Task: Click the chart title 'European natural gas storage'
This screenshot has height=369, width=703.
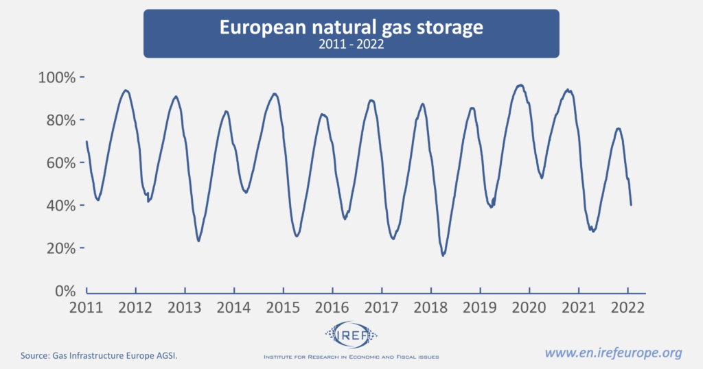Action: (x=351, y=27)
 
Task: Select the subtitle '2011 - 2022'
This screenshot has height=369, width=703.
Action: (x=351, y=46)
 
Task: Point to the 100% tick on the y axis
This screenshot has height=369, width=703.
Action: (x=60, y=77)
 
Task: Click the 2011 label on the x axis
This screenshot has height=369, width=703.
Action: (x=87, y=307)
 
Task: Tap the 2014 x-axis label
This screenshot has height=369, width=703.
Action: (x=234, y=307)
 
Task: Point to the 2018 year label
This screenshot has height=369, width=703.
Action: (x=431, y=307)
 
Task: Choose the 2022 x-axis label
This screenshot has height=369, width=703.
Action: (x=627, y=307)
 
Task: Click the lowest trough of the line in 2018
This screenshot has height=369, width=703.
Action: (x=443, y=255)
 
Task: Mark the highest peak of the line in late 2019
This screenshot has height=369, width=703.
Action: (x=521, y=85)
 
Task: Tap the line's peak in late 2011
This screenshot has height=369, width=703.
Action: (x=126, y=90)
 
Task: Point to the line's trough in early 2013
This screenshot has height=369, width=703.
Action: (x=199, y=241)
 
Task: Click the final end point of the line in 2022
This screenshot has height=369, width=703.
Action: (x=631, y=204)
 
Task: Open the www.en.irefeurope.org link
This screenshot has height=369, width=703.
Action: (x=614, y=353)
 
